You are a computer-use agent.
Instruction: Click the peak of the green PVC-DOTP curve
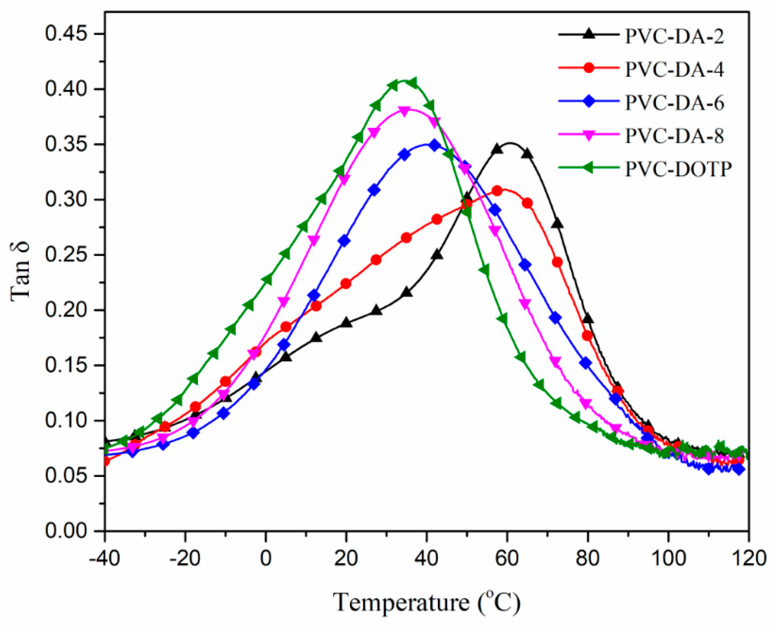click(x=404, y=81)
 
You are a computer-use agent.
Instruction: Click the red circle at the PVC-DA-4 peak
click(x=498, y=191)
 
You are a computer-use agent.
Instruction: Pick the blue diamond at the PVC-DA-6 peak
click(x=435, y=145)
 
